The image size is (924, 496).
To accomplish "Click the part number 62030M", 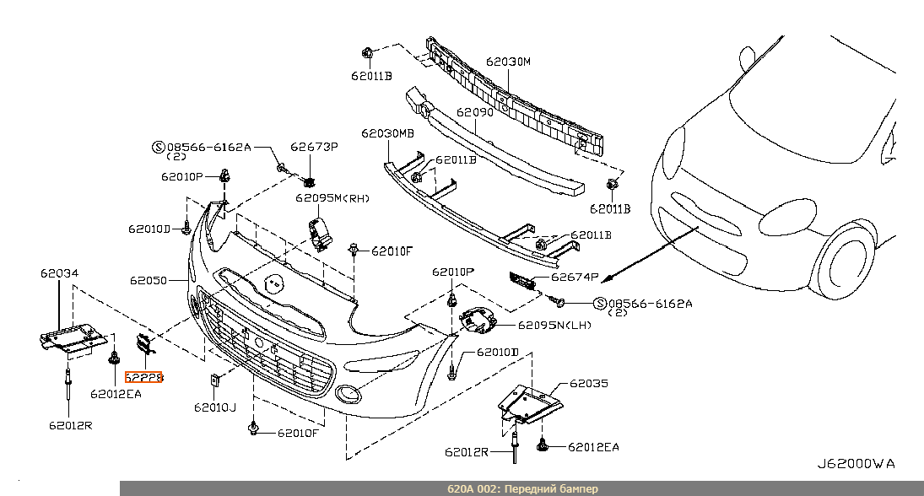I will point(508,62).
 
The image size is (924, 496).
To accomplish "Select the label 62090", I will point(474,111).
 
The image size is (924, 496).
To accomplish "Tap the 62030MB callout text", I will point(387,133).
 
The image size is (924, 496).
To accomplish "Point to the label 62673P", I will point(315,147).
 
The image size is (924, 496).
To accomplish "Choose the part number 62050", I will point(148,279).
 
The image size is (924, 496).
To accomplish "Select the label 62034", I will point(58,273).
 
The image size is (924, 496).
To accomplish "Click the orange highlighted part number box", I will point(143,378).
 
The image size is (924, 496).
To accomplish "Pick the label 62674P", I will point(575,277).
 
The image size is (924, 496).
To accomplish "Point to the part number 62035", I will point(588,384).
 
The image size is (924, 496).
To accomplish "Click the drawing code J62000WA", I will point(855,464).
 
